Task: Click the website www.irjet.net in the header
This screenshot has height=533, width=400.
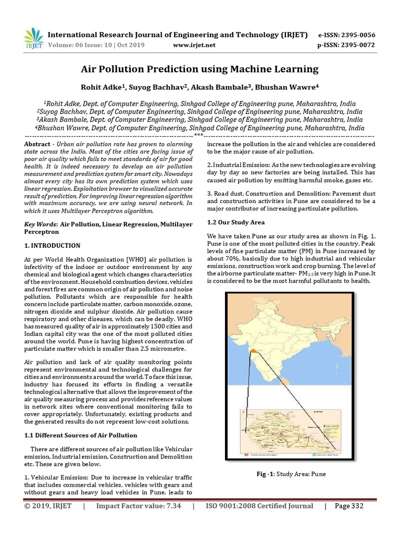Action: [194, 45]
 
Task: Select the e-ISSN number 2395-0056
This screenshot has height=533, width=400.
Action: [356, 35]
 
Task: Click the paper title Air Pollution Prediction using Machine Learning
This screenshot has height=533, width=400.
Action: [199, 69]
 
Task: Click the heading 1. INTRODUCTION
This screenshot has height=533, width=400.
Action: [52, 245]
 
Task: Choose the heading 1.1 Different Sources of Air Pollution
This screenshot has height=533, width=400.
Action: [81, 435]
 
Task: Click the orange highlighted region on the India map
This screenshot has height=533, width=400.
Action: [253, 352]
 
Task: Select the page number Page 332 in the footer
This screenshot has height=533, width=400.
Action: [348, 506]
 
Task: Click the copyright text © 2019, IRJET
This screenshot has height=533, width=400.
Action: [47, 506]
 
